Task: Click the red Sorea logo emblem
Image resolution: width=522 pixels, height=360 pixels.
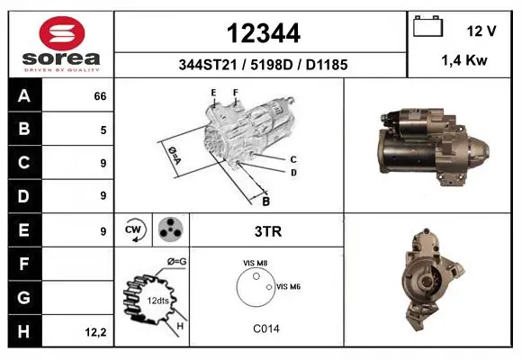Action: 62,33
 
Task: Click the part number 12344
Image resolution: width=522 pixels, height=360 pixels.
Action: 264,33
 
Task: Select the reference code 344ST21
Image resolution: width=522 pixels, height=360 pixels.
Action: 208,65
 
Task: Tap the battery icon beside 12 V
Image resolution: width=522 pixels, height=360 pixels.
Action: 427,26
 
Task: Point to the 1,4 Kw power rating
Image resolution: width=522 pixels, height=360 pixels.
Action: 464,60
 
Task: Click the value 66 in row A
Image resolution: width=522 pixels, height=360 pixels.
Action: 100,96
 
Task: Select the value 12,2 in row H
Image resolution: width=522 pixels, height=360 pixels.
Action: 95,332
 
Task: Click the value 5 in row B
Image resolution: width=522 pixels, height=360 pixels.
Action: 103,130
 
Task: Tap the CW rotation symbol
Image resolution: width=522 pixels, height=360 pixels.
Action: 134,230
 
